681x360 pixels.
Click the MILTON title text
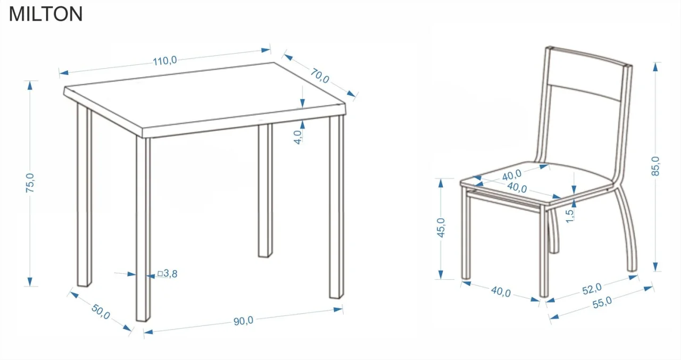(46, 14)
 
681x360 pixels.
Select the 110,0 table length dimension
(164, 61)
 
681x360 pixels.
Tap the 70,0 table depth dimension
(320, 76)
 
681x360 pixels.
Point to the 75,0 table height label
(30, 183)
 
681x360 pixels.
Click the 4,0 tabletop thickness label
(298, 137)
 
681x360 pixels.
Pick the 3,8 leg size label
(170, 273)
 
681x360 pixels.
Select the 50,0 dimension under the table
(101, 312)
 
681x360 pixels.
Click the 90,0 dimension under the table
(243, 321)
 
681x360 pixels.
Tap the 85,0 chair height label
(655, 166)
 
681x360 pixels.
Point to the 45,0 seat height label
(441, 228)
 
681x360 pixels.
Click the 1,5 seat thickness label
(569, 216)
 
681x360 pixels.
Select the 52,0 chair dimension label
(592, 289)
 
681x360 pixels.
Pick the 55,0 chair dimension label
(602, 302)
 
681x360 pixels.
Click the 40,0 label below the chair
(501, 291)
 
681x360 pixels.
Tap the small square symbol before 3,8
(160, 274)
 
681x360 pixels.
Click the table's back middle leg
(265, 190)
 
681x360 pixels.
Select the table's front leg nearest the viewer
(143, 229)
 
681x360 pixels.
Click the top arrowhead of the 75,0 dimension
(30, 86)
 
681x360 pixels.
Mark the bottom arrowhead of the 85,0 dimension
(655, 266)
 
